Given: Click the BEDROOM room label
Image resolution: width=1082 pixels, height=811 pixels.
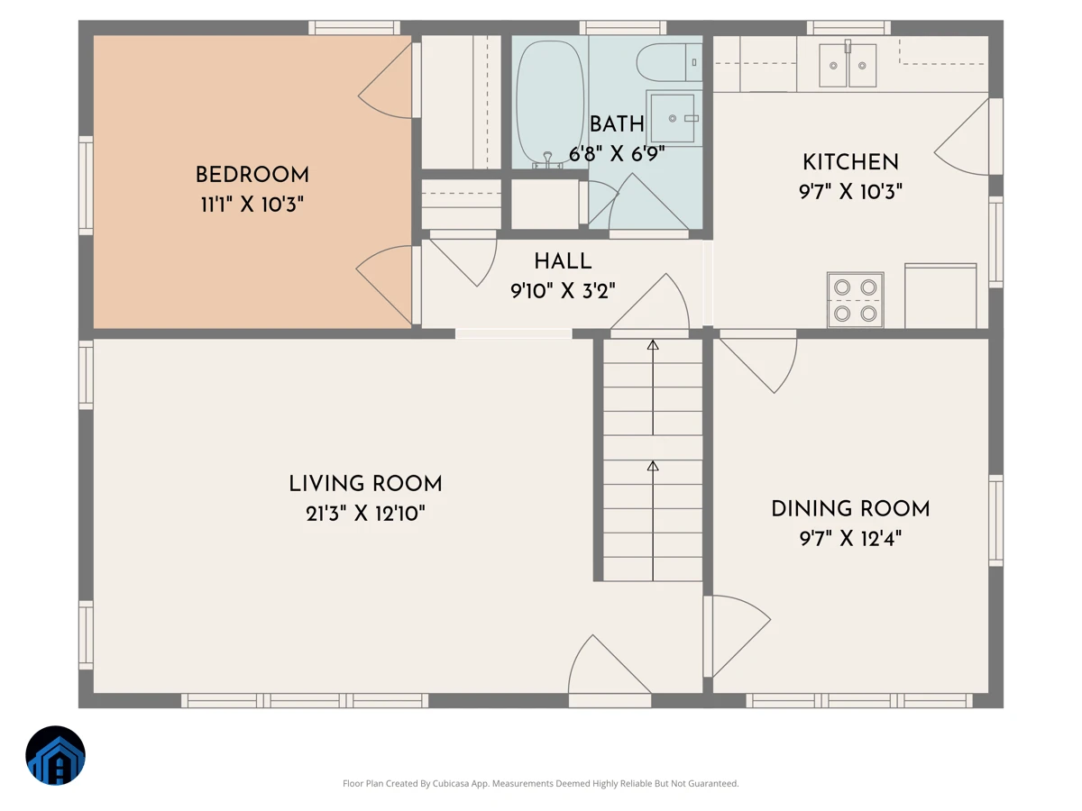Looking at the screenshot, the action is pyautogui.click(x=252, y=175).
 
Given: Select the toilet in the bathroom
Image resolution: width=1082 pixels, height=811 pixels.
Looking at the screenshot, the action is pyautogui.click(x=669, y=62).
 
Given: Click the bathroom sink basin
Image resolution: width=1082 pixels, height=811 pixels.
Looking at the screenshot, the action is pyautogui.click(x=673, y=118).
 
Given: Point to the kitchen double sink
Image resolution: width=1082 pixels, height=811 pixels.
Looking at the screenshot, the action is pyautogui.click(x=848, y=65).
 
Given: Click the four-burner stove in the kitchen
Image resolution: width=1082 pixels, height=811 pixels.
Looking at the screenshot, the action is pyautogui.click(x=856, y=300).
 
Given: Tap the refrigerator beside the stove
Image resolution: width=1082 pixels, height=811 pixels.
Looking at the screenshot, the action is pyautogui.click(x=940, y=296).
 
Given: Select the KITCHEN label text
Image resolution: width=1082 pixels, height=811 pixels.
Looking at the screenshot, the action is pyautogui.click(x=850, y=162).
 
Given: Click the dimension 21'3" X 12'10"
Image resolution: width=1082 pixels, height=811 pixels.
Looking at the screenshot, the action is pyautogui.click(x=365, y=514).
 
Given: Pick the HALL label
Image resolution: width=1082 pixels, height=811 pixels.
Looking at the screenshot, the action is pyautogui.click(x=563, y=261).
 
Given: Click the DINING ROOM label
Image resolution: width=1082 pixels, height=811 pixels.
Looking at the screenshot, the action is pyautogui.click(x=850, y=509).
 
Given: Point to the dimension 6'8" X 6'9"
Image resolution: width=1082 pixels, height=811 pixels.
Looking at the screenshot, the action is pyautogui.click(x=617, y=154).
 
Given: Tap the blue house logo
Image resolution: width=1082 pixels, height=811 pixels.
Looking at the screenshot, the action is pyautogui.click(x=55, y=755).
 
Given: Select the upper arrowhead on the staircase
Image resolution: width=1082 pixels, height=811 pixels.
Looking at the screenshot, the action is pyautogui.click(x=653, y=345).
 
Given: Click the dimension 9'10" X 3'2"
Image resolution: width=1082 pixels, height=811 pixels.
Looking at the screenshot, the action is pyautogui.click(x=563, y=291).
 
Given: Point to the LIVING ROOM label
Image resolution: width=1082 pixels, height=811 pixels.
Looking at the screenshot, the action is pyautogui.click(x=365, y=484).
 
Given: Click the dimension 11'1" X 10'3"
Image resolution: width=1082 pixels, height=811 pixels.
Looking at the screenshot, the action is pyautogui.click(x=252, y=205).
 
